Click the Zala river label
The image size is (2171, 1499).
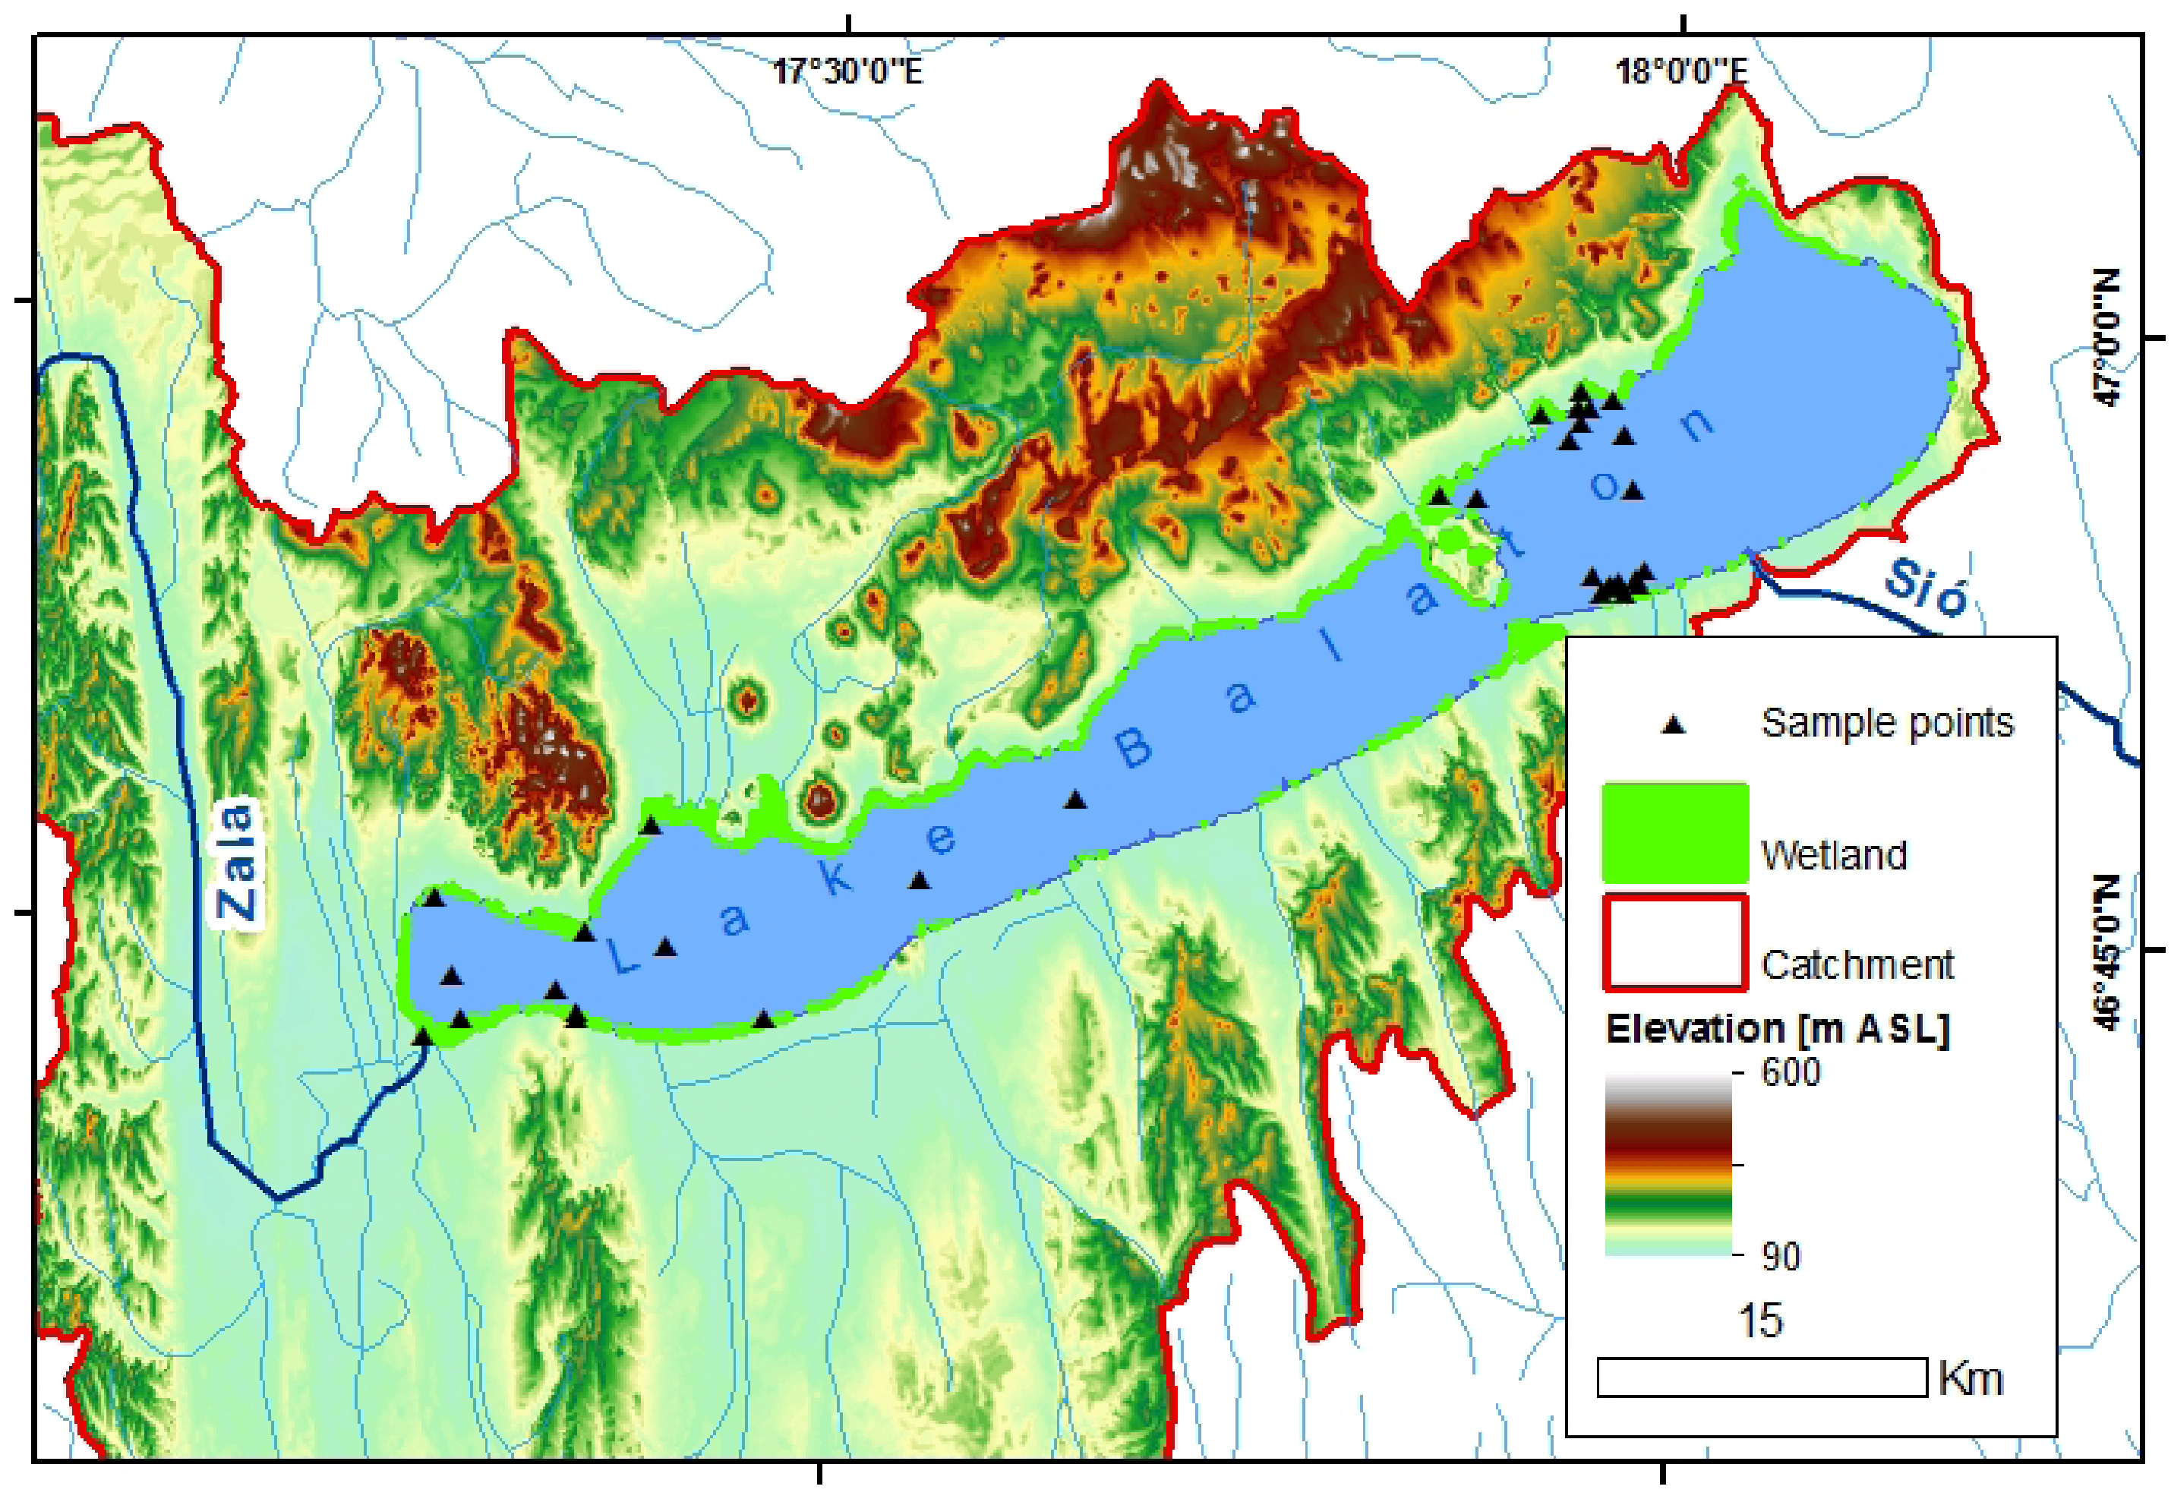[238, 860]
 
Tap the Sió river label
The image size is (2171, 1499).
[1925, 589]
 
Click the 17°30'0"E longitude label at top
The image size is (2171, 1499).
[848, 71]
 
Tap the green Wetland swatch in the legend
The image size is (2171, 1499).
[1675, 833]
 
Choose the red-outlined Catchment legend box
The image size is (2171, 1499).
[1675, 943]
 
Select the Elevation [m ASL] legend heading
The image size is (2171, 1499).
[1778, 1030]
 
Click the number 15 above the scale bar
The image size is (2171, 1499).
[1761, 1321]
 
